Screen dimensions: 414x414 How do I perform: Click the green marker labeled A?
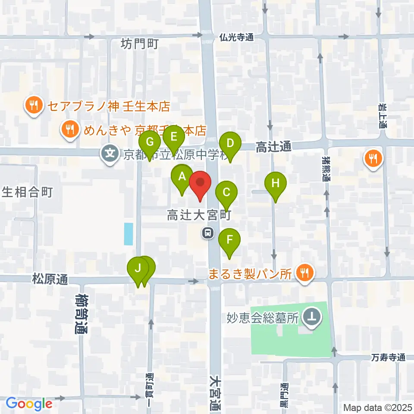(x=182, y=177)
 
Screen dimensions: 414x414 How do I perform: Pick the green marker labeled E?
(x=174, y=138)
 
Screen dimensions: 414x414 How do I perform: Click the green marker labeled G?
(x=150, y=143)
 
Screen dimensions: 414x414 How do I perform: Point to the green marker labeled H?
(x=276, y=184)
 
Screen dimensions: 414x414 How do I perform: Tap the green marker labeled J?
(x=138, y=269)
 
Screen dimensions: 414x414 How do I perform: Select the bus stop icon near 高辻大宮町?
(x=208, y=233)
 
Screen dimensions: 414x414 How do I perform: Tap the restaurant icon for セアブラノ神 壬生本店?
(x=33, y=105)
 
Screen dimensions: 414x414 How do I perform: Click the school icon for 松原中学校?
(x=110, y=153)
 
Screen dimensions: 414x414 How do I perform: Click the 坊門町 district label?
(x=139, y=44)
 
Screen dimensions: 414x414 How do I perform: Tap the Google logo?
(x=28, y=404)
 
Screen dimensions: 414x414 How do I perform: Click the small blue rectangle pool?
(x=129, y=233)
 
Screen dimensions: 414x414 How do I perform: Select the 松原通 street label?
(x=50, y=279)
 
